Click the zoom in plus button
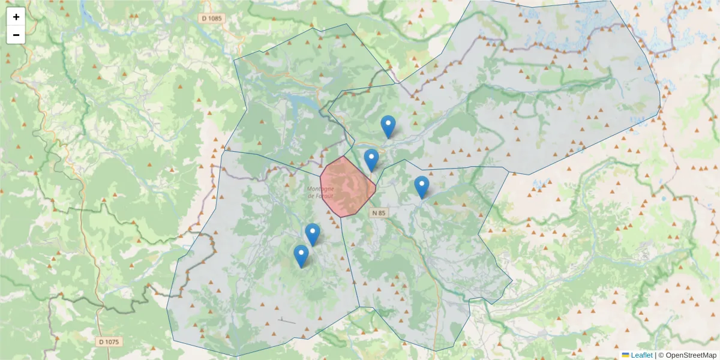point(16,17)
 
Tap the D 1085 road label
point(211,19)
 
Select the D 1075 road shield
point(108,341)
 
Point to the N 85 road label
point(379,212)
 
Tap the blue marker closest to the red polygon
point(371,160)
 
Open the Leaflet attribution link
point(641,355)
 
